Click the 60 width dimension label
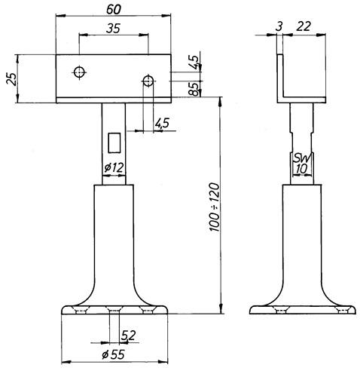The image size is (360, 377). [x=114, y=9]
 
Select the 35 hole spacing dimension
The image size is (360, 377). [x=113, y=29]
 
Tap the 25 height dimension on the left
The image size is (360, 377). [x=12, y=79]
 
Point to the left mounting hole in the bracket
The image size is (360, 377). [x=80, y=72]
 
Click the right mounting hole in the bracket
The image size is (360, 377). [x=148, y=81]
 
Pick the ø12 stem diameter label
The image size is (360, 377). [x=114, y=167]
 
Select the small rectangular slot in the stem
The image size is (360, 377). [x=114, y=143]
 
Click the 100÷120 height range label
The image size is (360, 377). [x=214, y=207]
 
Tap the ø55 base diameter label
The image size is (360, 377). [x=113, y=354]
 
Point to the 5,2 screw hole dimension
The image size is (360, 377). [x=129, y=336]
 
